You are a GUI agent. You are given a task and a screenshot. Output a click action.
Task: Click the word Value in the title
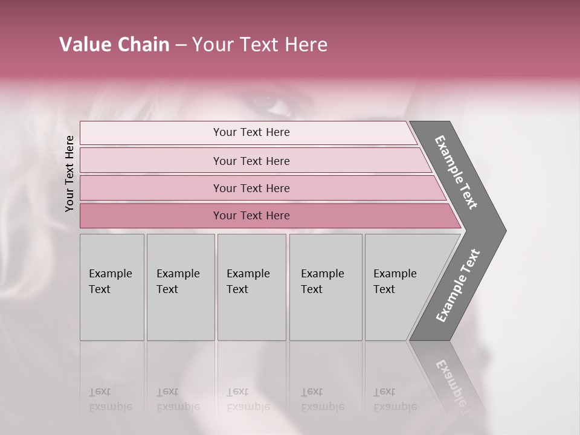pos(83,45)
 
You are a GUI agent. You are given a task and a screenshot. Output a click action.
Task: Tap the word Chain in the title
pos(143,45)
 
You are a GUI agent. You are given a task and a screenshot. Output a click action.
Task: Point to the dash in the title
pos(181,45)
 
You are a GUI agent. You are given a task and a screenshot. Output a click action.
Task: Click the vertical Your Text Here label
pos(69,173)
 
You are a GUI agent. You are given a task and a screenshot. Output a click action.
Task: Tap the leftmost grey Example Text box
pos(112,287)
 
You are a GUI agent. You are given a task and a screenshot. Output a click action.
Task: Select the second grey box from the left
pos(181,287)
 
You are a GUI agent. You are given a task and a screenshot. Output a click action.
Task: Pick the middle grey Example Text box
pos(251,287)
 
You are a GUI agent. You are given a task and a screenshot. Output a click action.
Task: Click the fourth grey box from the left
pos(326,287)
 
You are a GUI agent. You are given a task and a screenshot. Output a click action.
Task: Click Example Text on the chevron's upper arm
pos(456,172)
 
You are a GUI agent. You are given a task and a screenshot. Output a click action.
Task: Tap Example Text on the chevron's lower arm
pos(458,285)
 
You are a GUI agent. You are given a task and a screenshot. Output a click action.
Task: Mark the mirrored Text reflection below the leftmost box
pos(100,391)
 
